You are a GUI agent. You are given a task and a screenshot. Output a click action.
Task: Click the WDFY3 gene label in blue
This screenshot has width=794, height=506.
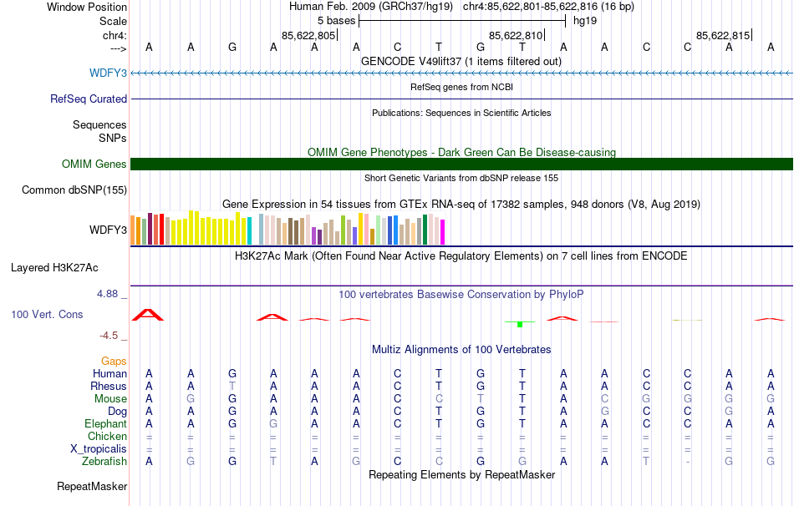click(x=108, y=73)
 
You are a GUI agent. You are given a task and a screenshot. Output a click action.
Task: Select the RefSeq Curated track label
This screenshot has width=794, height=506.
click(x=89, y=99)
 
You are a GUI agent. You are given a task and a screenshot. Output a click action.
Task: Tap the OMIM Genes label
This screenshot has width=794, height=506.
click(x=94, y=164)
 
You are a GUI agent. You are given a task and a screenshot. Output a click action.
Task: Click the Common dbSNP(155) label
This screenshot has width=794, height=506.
click(x=74, y=190)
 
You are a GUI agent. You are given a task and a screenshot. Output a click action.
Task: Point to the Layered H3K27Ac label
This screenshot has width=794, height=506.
click(x=54, y=268)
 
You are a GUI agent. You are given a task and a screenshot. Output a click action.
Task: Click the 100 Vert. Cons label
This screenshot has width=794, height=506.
click(x=47, y=314)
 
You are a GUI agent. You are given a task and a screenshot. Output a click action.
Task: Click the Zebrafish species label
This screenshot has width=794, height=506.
click(x=104, y=462)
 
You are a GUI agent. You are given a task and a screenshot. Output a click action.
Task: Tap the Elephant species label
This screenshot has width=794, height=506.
click(x=105, y=423)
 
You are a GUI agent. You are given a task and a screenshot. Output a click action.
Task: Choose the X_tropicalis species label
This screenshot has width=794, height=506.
click(x=99, y=449)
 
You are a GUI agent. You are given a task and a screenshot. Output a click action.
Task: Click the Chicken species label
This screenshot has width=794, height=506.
click(x=107, y=436)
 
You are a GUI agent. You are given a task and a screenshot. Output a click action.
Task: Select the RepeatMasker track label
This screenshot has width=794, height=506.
click(x=92, y=486)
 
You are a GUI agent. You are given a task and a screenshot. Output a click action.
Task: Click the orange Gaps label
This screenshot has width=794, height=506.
click(x=114, y=361)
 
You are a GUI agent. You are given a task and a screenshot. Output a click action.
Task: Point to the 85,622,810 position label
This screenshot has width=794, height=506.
click(x=516, y=35)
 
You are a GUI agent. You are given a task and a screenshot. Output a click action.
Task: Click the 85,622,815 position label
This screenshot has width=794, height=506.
click(x=723, y=35)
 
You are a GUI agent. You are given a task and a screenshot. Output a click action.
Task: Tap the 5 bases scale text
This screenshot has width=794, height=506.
click(x=337, y=21)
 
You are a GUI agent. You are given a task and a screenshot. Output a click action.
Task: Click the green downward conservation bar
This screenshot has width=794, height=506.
click(x=520, y=324)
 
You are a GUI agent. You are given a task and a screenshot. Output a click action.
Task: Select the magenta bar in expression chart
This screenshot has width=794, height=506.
click(x=443, y=232)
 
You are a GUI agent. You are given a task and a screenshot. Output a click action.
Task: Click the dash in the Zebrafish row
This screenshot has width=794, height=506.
click(x=687, y=462)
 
